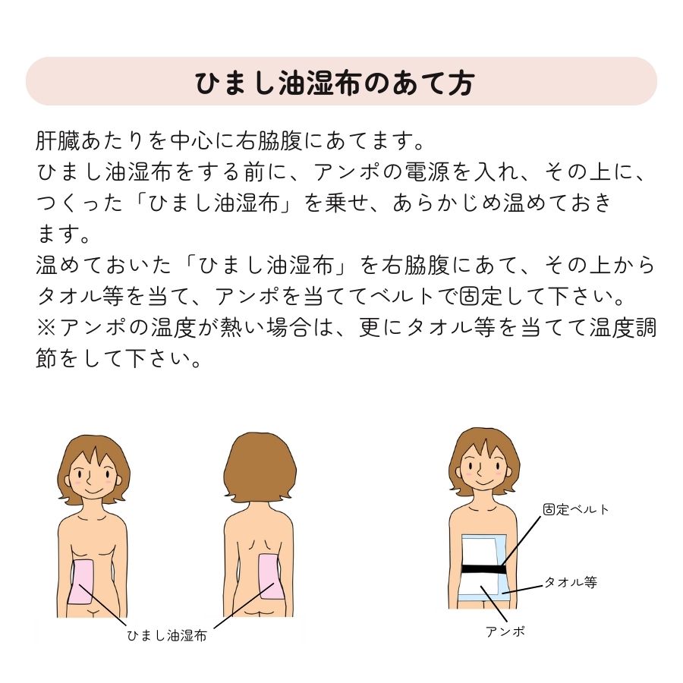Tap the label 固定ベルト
point(576,509)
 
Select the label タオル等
point(570,582)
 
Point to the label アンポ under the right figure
point(505,631)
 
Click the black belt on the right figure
point(483,568)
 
